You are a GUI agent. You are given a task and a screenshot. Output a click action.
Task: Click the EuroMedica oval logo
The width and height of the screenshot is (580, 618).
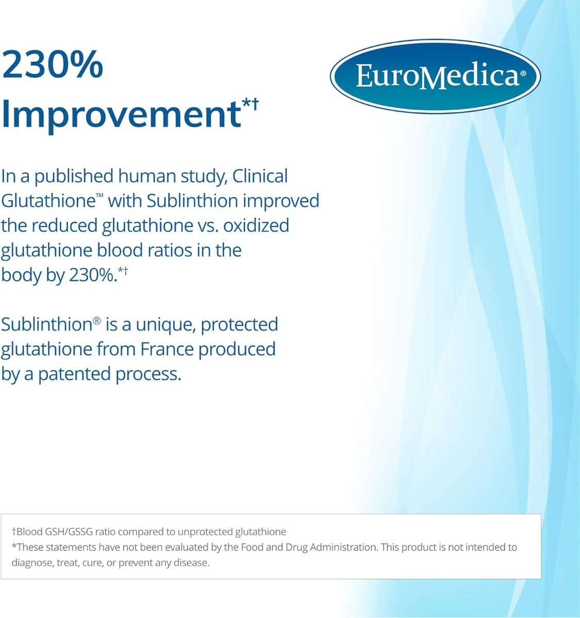click(x=435, y=76)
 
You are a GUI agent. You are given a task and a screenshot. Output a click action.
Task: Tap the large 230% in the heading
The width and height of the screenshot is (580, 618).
click(x=53, y=65)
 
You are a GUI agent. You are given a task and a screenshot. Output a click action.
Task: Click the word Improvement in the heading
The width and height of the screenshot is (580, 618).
click(x=122, y=115)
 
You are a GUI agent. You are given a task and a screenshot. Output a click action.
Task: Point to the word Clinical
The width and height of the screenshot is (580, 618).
click(x=260, y=177)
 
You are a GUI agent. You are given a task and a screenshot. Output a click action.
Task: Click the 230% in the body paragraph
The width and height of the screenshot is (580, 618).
click(x=93, y=275)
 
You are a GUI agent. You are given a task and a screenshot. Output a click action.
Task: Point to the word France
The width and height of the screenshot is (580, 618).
click(x=167, y=350)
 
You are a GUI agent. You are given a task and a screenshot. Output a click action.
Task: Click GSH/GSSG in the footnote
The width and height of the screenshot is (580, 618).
click(x=69, y=532)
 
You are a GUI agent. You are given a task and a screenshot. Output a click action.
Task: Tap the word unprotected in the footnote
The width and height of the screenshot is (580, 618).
click(x=205, y=532)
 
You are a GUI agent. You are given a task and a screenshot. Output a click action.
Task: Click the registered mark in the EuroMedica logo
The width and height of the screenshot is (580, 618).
click(x=523, y=74)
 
